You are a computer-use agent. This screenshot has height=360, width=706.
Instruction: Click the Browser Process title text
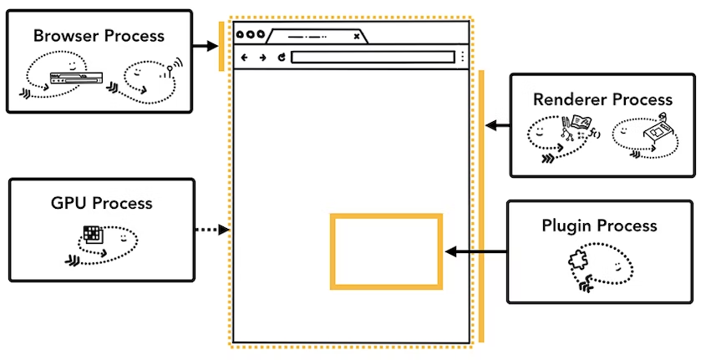pyautogui.click(x=99, y=36)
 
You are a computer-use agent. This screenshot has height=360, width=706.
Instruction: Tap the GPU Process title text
pyautogui.click(x=101, y=203)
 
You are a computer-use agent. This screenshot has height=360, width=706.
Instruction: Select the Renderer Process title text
pyautogui.click(x=602, y=99)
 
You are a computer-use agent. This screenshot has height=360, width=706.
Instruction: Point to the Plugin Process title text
pyautogui.click(x=599, y=226)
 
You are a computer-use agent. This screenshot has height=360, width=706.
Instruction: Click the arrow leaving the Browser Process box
pyautogui.click(x=206, y=45)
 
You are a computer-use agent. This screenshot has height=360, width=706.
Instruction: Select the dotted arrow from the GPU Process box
pyautogui.click(x=212, y=230)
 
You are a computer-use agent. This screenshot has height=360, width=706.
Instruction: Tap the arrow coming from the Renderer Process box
pyautogui.click(x=497, y=125)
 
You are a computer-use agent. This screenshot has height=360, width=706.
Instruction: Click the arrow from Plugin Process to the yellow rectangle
pyautogui.click(x=476, y=252)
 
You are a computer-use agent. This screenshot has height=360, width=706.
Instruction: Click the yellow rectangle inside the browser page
pyautogui.click(x=386, y=215)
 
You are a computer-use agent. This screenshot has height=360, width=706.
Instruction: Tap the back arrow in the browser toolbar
pyautogui.click(x=245, y=57)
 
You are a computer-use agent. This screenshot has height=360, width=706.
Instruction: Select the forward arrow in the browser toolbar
pyautogui.click(x=262, y=57)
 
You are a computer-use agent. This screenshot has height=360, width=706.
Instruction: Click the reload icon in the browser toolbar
pyautogui.click(x=282, y=57)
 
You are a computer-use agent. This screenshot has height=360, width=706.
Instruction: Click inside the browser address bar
pyautogui.click(x=373, y=57)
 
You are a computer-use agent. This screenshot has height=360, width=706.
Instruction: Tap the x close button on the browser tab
pyautogui.click(x=357, y=37)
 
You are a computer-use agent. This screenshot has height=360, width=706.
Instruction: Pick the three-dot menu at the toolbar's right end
pyautogui.click(x=462, y=57)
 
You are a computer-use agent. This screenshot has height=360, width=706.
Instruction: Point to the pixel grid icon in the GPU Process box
pyautogui.click(x=94, y=234)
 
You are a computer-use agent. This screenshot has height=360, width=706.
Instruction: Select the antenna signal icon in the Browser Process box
pyautogui.click(x=173, y=68)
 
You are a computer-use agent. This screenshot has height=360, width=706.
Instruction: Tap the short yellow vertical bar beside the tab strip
pyautogui.click(x=221, y=46)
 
